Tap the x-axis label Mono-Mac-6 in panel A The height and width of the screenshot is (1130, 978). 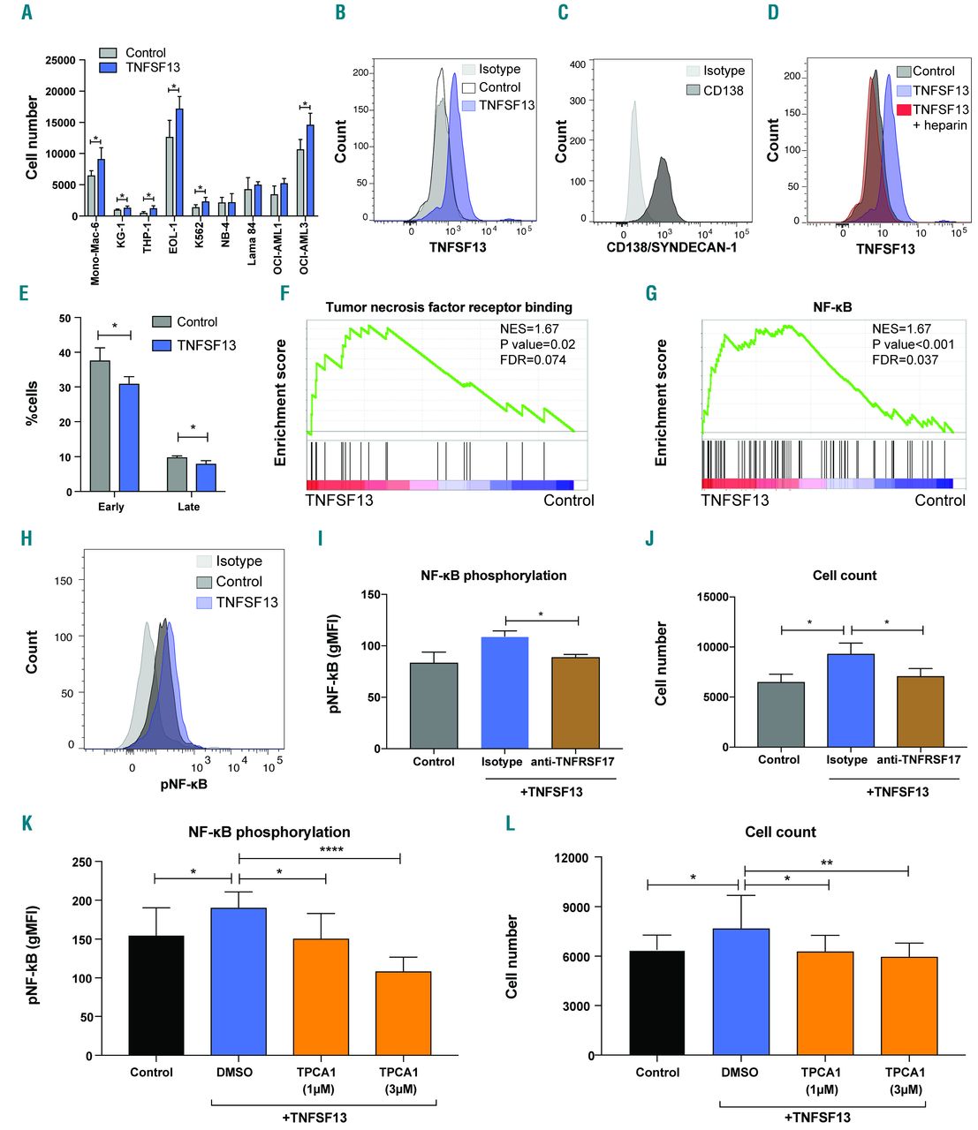pos(95,252)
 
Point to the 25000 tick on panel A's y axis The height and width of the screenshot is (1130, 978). pos(60,60)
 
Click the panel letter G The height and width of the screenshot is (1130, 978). pos(651,293)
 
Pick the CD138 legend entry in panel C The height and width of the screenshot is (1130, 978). pos(715,90)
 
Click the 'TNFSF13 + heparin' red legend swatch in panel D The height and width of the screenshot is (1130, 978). pos(904,109)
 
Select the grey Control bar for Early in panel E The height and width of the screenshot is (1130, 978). pos(101,426)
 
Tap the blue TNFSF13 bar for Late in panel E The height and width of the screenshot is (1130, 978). pos(207,478)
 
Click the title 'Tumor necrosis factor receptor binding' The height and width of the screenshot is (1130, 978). pos(449,307)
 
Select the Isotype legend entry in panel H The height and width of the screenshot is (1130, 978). pos(229,561)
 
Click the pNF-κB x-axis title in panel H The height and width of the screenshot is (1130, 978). pos(184,783)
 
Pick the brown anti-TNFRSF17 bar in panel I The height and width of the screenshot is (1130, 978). pos(575,703)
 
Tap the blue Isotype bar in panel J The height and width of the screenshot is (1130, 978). pos(851,700)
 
